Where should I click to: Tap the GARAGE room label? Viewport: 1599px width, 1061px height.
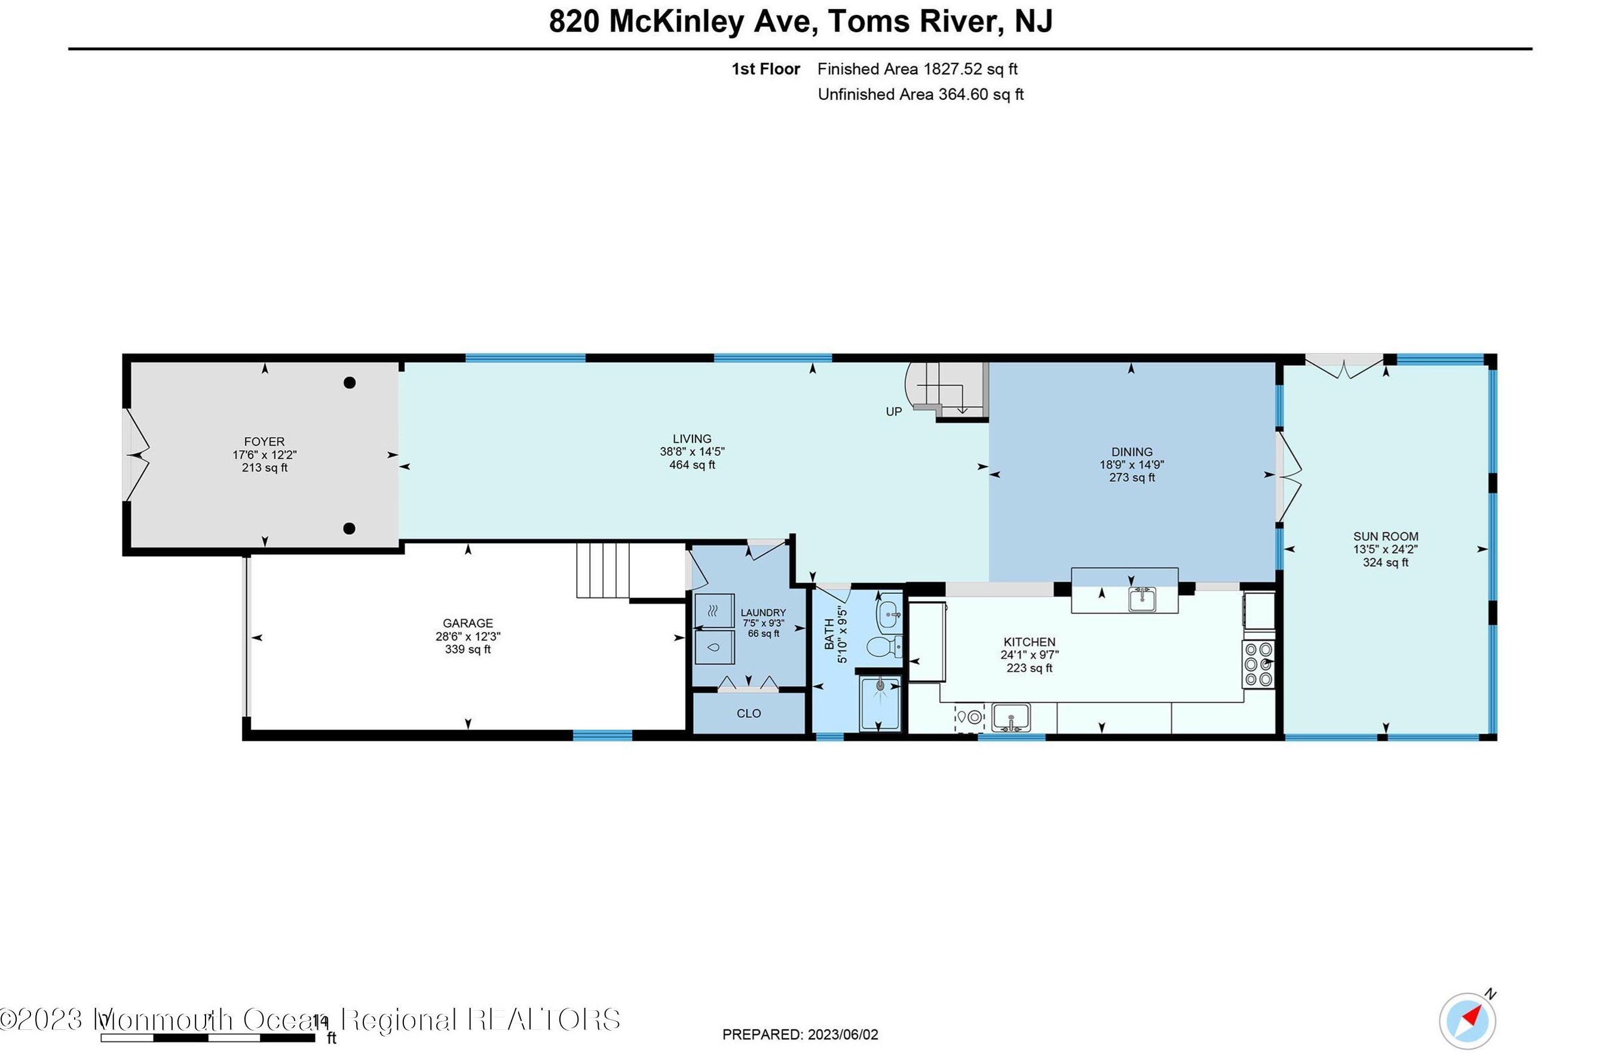click(468, 623)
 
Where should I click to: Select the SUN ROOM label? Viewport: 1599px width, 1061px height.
click(1386, 536)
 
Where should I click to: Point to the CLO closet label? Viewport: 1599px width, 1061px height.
click(748, 714)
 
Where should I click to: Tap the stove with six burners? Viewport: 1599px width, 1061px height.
click(1258, 664)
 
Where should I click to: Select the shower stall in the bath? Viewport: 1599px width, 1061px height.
click(880, 704)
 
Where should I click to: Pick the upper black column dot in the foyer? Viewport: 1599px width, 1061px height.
click(350, 383)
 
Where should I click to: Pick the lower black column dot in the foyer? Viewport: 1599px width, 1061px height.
click(350, 529)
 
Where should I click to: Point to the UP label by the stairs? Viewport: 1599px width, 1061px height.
click(894, 412)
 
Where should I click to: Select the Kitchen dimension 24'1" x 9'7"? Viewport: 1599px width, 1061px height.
click(1029, 655)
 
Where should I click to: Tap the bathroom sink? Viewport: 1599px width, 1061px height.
click(889, 612)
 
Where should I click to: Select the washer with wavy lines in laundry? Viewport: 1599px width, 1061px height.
click(715, 611)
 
